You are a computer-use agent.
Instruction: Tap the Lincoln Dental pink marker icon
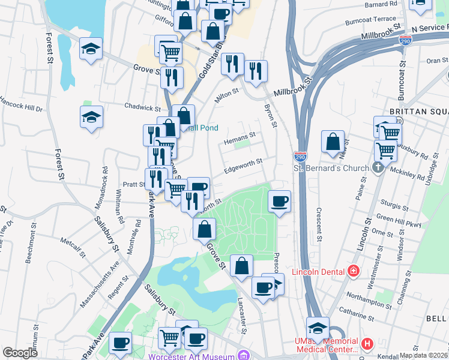point(354,272)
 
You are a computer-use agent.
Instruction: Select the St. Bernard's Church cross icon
point(376,167)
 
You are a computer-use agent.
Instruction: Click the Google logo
point(20,353)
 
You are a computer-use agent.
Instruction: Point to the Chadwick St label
point(142,107)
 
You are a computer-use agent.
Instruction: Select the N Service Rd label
point(429,28)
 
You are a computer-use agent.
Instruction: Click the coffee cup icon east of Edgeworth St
point(279,202)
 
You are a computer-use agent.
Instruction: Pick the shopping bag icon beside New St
point(333,142)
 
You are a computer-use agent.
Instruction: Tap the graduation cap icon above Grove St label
point(91,49)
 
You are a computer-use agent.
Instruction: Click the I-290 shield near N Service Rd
point(405,40)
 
